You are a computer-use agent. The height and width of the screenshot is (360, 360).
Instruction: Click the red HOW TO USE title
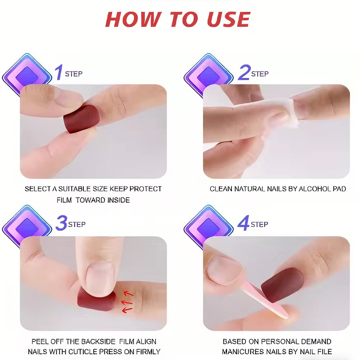177,19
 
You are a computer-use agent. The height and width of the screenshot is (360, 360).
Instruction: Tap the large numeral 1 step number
58,72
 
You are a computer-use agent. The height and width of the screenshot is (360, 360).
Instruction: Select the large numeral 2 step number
243,72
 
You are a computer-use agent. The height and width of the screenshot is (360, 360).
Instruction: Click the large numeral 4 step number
243,223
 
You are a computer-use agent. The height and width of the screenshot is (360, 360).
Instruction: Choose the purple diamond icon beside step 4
210,227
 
